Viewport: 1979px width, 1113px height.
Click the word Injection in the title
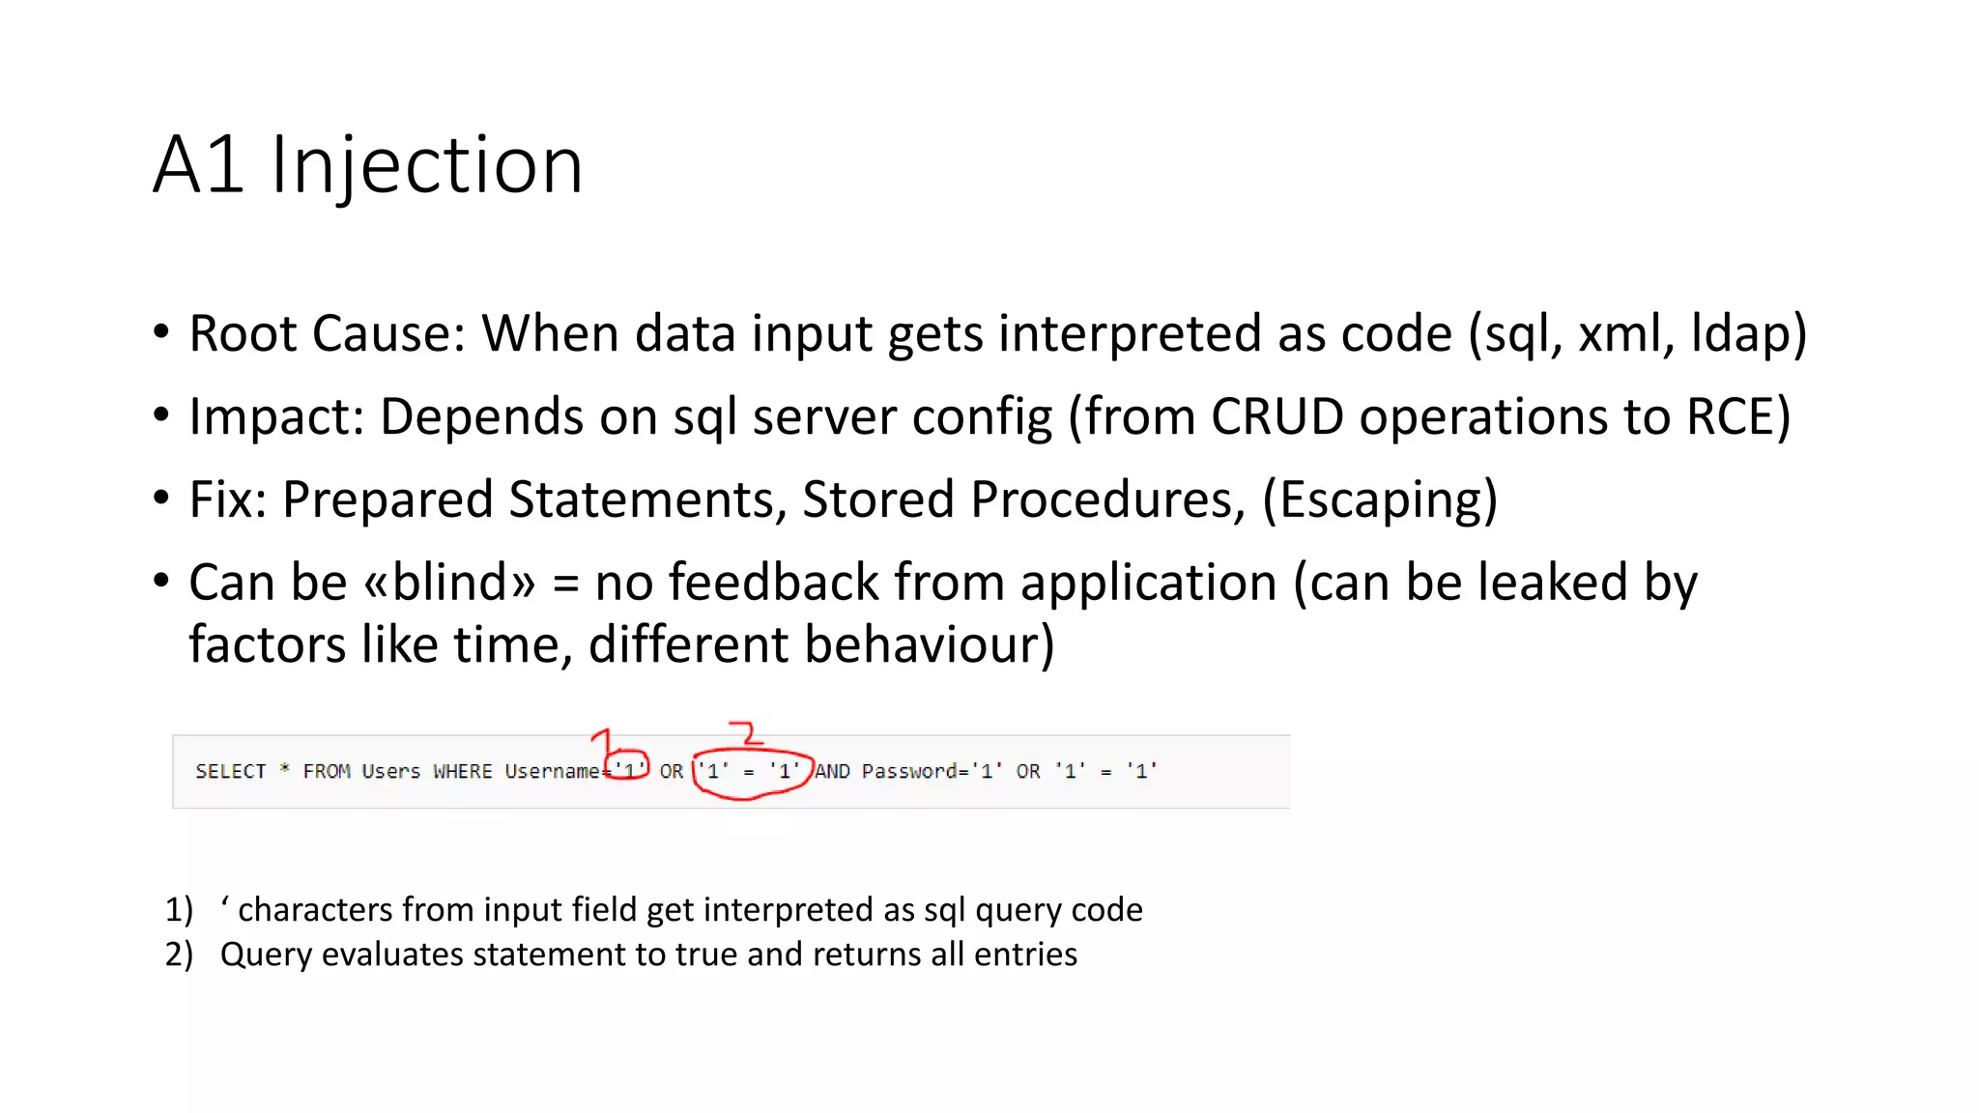[426, 166]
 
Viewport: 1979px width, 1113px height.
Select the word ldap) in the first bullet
[1748, 334]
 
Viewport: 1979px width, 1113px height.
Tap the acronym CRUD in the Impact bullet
[1276, 417]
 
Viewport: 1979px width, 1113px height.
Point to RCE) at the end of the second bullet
[1737, 417]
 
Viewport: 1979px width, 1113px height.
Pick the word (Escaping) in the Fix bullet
[1380, 500]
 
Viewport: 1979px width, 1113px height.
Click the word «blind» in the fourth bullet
[448, 583]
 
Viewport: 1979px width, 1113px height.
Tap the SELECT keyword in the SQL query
[230, 771]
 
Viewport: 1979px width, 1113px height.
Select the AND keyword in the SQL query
[832, 771]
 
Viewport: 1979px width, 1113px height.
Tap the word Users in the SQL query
[390, 771]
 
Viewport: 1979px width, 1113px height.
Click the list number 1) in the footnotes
[179, 910]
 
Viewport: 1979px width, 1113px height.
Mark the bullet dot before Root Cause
[161, 332]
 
